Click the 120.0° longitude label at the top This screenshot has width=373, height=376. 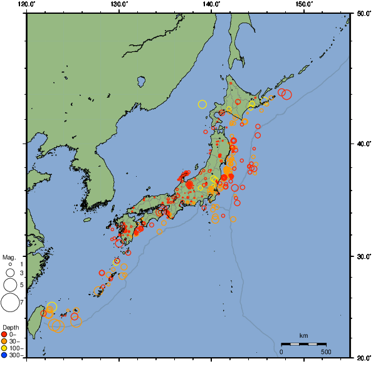(x=26, y=4)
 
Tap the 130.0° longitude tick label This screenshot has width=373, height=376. (x=118, y=4)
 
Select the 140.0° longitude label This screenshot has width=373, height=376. (x=211, y=4)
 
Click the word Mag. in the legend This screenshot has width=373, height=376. (x=9, y=257)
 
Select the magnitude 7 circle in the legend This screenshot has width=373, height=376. (x=9, y=303)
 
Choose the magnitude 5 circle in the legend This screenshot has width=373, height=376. (x=9, y=285)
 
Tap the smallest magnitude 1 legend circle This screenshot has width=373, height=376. (x=10, y=264)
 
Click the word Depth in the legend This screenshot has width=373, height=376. (x=11, y=327)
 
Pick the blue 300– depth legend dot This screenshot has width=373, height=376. (x=4, y=355)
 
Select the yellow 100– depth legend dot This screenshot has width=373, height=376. (x=4, y=348)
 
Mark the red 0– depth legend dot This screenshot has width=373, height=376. (x=4, y=333)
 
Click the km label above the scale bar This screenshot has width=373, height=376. (x=303, y=336)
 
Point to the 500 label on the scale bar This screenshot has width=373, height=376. (x=325, y=352)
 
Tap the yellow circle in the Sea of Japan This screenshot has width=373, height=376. (x=202, y=104)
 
